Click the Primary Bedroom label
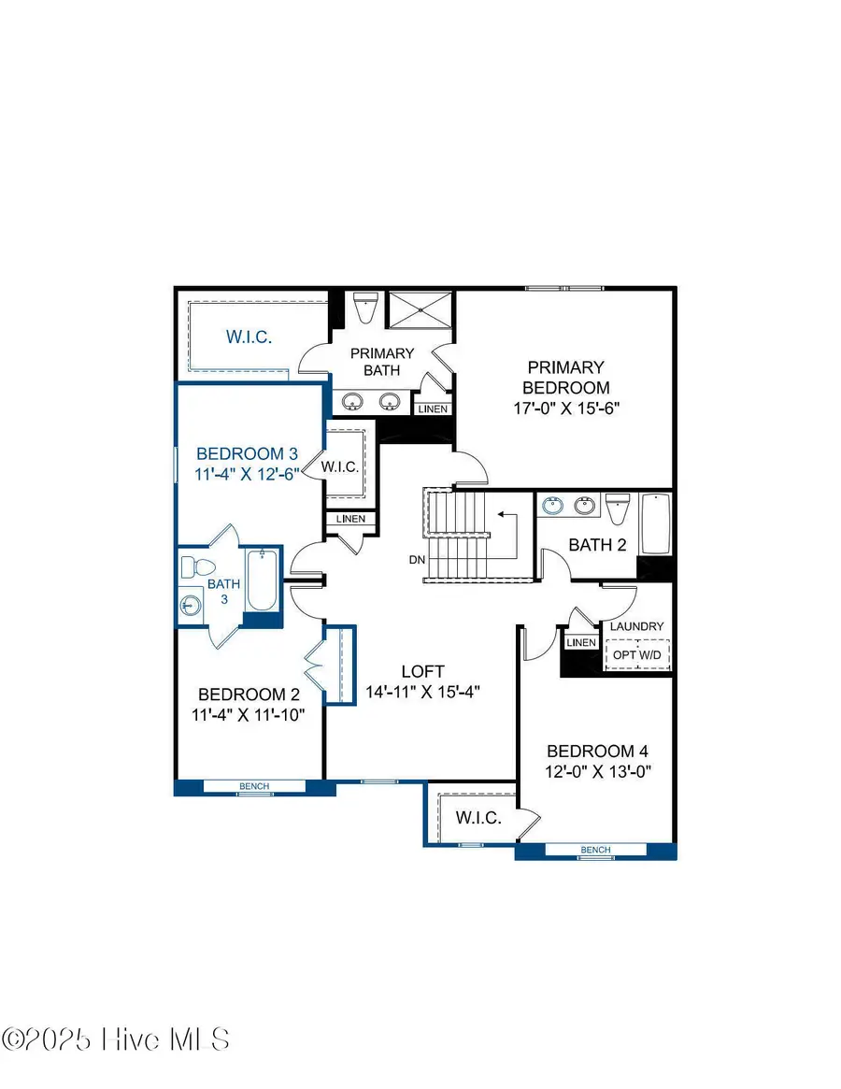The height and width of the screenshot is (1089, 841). (x=565, y=377)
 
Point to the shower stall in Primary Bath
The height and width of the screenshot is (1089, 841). (x=419, y=308)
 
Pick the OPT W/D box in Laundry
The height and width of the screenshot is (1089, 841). (x=636, y=654)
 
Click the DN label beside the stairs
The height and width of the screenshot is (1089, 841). (x=417, y=560)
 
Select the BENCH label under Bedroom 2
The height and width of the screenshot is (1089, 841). (x=253, y=787)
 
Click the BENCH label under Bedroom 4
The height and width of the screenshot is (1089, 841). (x=595, y=850)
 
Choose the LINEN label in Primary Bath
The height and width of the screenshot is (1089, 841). (x=433, y=408)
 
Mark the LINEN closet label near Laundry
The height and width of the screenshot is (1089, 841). (x=580, y=642)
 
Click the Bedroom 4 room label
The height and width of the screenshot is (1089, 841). (x=597, y=751)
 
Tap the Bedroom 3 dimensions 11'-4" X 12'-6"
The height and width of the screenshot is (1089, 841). (x=246, y=473)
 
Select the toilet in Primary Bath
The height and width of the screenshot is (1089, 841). (x=364, y=305)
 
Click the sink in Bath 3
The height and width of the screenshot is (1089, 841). (x=191, y=606)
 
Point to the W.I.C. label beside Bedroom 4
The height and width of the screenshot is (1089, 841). (x=478, y=817)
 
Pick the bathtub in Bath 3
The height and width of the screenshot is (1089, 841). (x=263, y=580)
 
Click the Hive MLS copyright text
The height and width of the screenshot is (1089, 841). (x=116, y=1039)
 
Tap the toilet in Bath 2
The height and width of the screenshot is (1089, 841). (x=618, y=509)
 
